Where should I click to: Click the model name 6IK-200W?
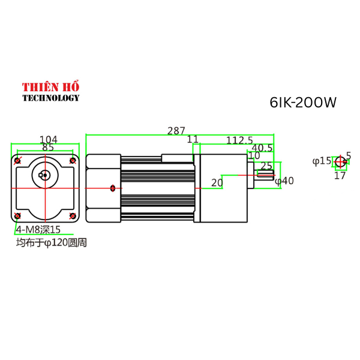point(303,103)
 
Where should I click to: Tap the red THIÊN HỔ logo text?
point(51,87)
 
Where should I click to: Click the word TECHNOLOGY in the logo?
point(51,98)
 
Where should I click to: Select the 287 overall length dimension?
point(176,130)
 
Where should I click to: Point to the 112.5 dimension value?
point(239,140)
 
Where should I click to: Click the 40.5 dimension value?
point(262,148)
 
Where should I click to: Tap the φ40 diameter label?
point(284,181)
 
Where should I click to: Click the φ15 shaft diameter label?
point(322,161)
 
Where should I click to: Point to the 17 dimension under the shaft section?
point(340,176)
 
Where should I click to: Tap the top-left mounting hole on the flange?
point(18,160)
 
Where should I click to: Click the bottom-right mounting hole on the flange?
point(73,215)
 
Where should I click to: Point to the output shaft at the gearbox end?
point(265,175)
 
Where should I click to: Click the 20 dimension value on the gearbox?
point(217,182)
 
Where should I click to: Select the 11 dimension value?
point(193,140)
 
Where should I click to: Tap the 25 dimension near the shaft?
point(266,166)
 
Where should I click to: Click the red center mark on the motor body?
point(113,188)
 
